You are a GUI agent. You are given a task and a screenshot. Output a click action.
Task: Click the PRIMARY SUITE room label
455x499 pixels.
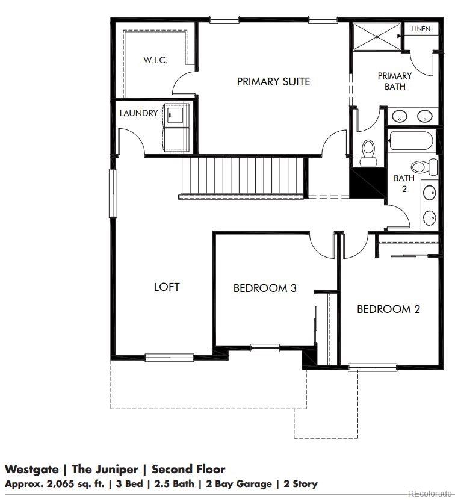tap(273, 81)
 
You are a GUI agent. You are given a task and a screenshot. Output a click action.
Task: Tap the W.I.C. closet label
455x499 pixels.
tap(155, 60)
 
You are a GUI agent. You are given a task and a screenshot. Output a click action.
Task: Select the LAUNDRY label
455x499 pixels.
tap(138, 113)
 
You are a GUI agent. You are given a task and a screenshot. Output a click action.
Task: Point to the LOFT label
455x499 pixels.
tap(167, 287)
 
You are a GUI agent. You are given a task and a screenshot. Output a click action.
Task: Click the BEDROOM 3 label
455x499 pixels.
tap(265, 288)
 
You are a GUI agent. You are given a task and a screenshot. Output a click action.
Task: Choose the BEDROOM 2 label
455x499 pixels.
tap(388, 309)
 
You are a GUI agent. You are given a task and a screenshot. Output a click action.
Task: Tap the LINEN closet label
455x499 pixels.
tap(421, 29)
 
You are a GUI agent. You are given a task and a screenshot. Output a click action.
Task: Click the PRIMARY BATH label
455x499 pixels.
tap(395, 81)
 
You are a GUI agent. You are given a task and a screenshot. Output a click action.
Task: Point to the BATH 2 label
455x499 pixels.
tap(404, 183)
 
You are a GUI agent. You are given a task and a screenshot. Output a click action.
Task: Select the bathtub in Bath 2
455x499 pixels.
tap(412, 140)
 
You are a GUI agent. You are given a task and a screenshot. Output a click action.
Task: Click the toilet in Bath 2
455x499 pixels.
tap(420, 167)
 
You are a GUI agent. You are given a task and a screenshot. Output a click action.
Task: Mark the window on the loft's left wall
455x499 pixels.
tap(112, 193)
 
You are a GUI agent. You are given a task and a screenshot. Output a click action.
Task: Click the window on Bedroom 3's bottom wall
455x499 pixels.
tap(265, 347)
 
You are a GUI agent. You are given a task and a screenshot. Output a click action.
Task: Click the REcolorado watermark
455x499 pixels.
tap(430, 494)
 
